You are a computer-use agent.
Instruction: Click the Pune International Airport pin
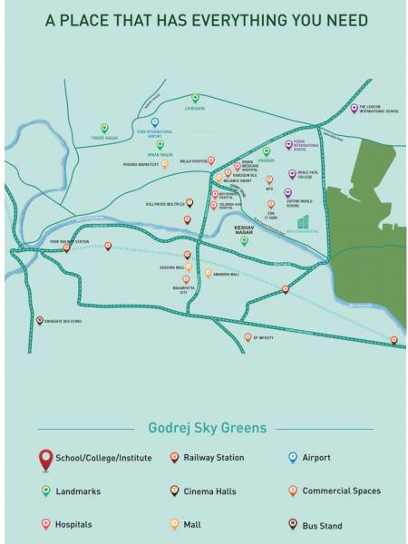(154, 122)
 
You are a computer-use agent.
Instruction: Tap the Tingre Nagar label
(104, 139)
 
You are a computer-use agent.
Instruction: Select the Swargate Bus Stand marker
(39, 320)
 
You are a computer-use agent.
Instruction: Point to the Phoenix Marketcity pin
(164, 164)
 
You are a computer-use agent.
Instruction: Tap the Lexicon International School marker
(354, 108)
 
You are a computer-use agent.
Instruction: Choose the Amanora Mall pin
(208, 273)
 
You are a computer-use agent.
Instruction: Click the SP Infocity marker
(248, 337)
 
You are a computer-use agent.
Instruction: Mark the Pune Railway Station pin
(66, 248)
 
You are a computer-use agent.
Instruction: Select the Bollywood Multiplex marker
(189, 204)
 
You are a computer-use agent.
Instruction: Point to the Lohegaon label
(195, 109)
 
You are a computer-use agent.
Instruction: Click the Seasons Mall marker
(187, 256)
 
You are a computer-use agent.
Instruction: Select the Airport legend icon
(292, 458)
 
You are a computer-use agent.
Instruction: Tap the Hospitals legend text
(73, 524)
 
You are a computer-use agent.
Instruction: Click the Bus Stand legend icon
(292, 524)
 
